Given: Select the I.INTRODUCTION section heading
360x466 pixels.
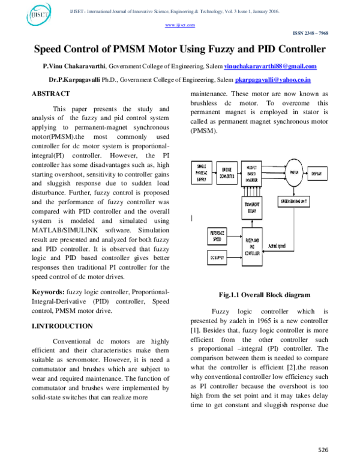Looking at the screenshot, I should (x=62, y=326).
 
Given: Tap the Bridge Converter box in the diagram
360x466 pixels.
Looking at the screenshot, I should (x=227, y=172).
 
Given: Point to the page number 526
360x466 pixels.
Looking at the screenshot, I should (x=323, y=450).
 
